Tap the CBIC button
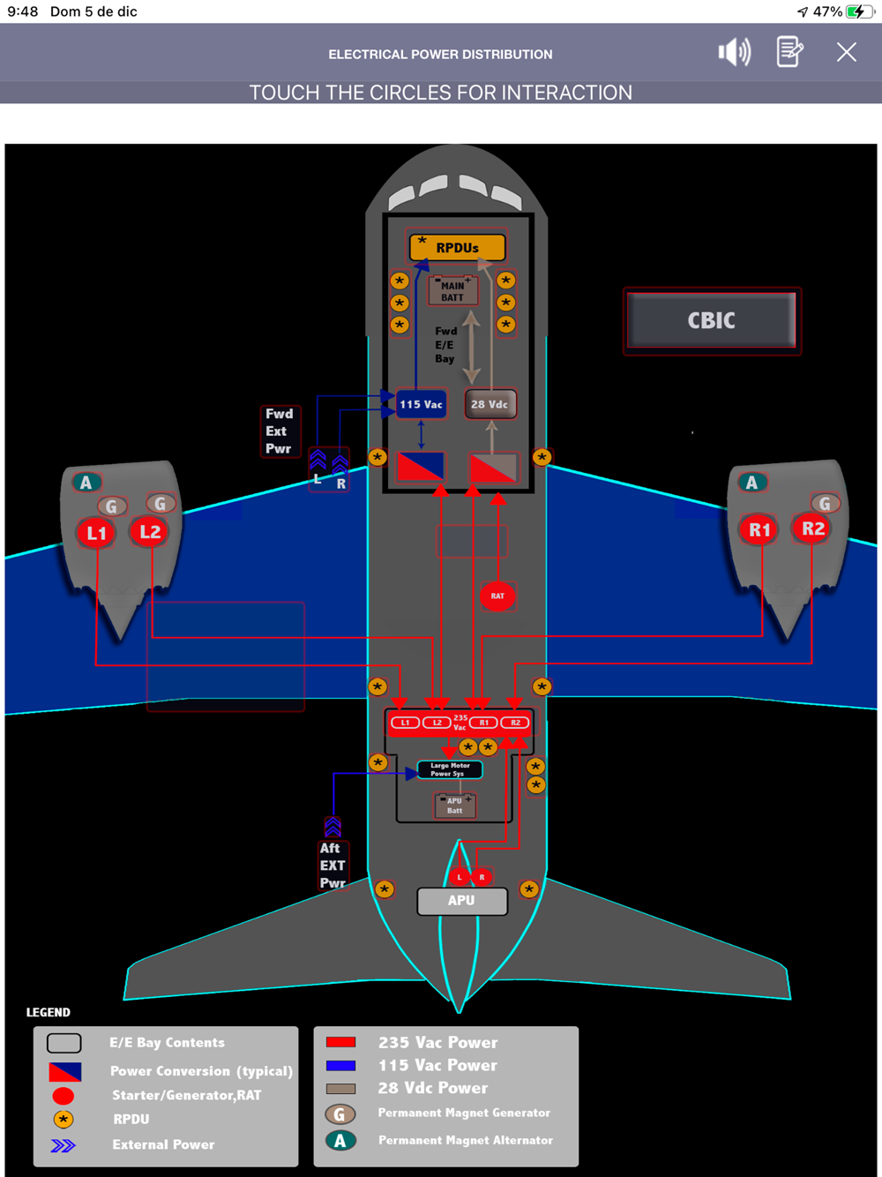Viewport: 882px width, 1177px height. (x=711, y=320)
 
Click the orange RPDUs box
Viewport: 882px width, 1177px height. (x=457, y=248)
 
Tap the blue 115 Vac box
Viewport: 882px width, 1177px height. (x=421, y=404)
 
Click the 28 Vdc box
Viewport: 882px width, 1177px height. (x=490, y=404)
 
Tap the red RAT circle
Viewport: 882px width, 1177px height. (x=497, y=596)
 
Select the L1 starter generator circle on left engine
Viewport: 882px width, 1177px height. (x=96, y=533)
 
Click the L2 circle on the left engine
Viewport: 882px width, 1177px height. (x=150, y=531)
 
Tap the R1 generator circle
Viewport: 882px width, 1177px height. (x=759, y=530)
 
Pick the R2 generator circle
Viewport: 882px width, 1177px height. (x=812, y=529)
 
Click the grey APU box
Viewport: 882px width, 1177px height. (x=461, y=901)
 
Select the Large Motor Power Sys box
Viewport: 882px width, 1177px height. (x=450, y=769)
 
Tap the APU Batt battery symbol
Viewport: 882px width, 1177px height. (x=454, y=806)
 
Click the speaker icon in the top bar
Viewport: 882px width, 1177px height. (x=734, y=52)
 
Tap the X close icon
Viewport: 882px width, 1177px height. (x=847, y=52)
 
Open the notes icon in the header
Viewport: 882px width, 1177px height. (x=789, y=52)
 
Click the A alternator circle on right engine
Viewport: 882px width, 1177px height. (x=751, y=483)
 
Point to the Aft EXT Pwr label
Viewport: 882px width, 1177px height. (x=333, y=866)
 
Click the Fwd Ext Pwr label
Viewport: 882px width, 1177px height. (x=279, y=431)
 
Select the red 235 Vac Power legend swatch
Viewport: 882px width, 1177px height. (x=340, y=1042)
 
